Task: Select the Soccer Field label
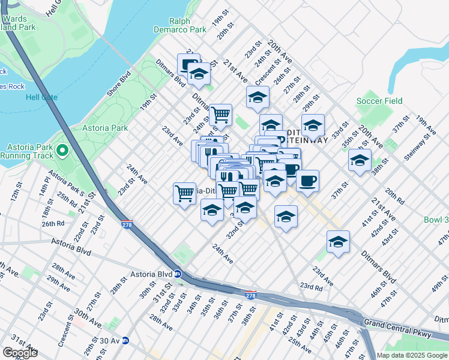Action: [x=379, y=101]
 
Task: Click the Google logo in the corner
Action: [x=20, y=353]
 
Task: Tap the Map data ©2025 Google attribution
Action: [x=411, y=355]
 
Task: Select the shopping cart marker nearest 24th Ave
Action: [x=184, y=193]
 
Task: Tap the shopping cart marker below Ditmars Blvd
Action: [x=220, y=113]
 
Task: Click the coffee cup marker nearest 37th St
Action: [x=307, y=181]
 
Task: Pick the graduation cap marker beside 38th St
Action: [x=360, y=160]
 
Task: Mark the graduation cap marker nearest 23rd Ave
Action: [x=338, y=241]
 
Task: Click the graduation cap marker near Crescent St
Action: [x=258, y=97]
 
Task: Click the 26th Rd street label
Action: [x=52, y=224]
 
